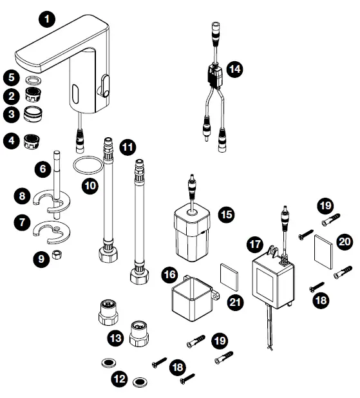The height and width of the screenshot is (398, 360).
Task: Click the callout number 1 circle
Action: pos(47,20)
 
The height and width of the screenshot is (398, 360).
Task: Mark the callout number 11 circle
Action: pos(129,147)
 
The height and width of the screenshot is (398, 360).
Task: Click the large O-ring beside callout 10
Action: pos(86,166)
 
